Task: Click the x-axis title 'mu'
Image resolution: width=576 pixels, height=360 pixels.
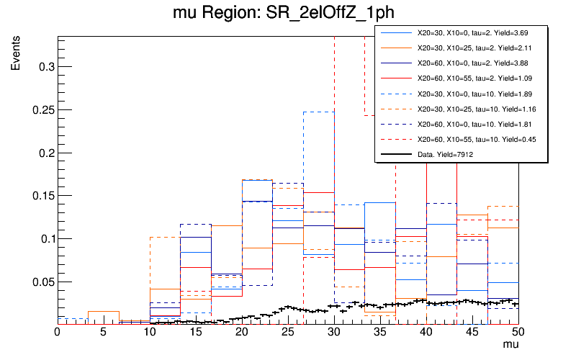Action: tap(510, 346)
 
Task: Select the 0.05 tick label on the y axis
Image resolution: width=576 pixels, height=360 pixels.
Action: tap(40, 282)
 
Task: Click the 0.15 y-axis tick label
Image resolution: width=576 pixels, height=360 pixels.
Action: tap(40, 196)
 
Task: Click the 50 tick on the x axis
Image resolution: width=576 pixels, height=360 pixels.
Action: tap(518, 333)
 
